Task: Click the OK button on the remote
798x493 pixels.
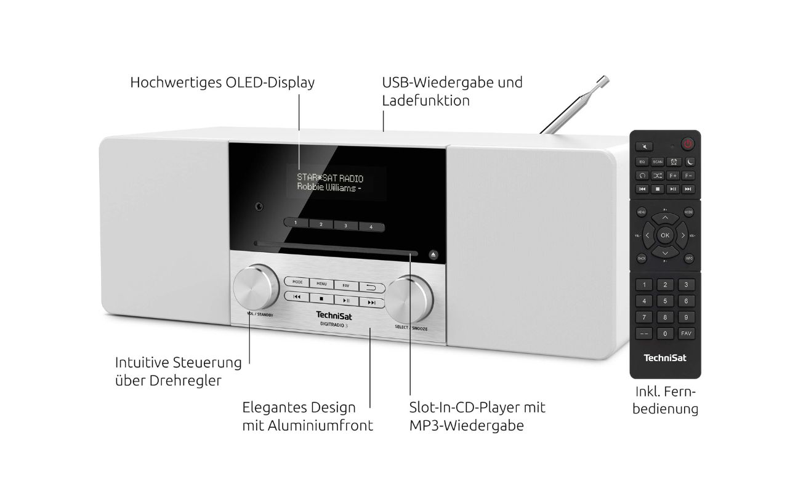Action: tap(664, 235)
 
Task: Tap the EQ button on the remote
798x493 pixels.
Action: tap(642, 161)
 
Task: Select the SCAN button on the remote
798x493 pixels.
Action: tap(657, 161)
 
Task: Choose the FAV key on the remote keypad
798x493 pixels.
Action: tap(686, 333)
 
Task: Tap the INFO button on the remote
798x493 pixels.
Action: tap(688, 258)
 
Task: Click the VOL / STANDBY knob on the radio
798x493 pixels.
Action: tap(256, 287)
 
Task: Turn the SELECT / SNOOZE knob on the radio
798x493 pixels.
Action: tap(408, 299)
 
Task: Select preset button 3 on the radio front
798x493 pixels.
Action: tap(345, 226)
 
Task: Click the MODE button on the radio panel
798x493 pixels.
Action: tap(297, 282)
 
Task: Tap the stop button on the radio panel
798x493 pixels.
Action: tap(321, 298)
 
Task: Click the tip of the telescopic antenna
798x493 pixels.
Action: tap(605, 78)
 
